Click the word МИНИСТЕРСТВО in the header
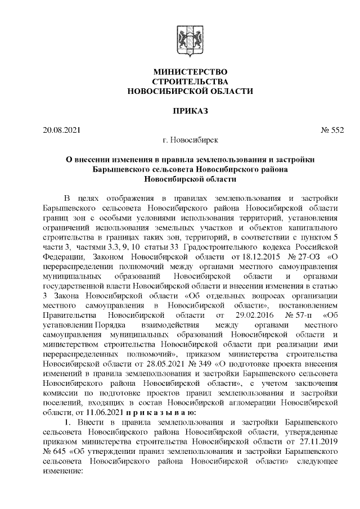point(191,71)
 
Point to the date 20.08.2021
point(61,130)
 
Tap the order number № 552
point(332,130)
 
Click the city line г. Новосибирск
point(190,139)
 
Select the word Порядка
point(111,325)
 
